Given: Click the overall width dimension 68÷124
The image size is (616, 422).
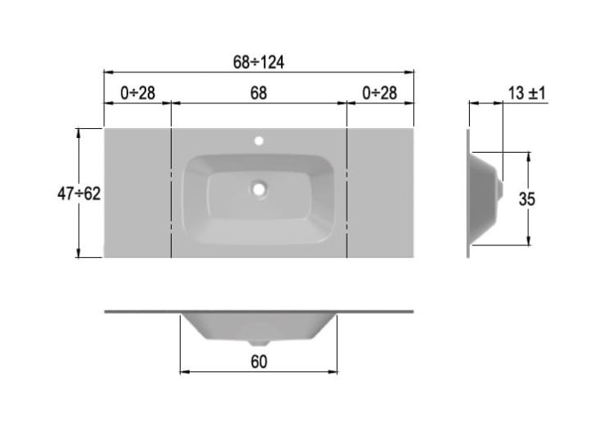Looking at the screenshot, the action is (x=258, y=62).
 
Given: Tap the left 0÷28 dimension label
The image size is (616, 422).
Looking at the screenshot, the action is (x=137, y=93).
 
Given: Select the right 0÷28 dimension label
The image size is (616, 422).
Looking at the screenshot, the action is (x=379, y=93).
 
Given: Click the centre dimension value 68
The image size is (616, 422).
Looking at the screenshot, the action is (x=259, y=93).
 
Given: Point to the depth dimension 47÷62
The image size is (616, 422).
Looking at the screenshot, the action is (x=79, y=194).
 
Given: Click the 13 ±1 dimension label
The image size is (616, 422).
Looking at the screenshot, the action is (x=526, y=93).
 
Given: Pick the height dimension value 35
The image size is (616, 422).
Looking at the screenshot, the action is (x=526, y=199).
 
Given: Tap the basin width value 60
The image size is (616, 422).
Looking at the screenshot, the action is (x=259, y=362).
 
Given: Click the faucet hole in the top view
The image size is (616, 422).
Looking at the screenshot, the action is (x=259, y=140).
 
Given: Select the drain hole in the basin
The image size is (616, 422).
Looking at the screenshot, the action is (x=259, y=190).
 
